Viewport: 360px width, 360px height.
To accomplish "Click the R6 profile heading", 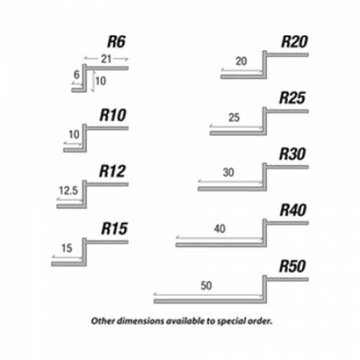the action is [x=117, y=42].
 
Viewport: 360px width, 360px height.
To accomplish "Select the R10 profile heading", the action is [x=113, y=115].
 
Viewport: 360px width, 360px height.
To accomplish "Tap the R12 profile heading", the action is [x=112, y=171].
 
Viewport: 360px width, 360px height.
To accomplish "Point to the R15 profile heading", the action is [x=114, y=228].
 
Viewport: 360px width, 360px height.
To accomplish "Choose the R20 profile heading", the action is [x=294, y=42].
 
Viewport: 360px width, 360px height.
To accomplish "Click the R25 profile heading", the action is [x=292, y=98].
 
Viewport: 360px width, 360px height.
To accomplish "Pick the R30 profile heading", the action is [x=292, y=154].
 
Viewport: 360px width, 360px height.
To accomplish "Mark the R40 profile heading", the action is [x=293, y=210].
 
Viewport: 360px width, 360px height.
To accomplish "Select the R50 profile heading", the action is [x=292, y=266].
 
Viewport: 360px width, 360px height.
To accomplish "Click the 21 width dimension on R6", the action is [x=107, y=59].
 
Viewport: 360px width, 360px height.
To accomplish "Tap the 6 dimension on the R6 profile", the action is [x=76, y=74].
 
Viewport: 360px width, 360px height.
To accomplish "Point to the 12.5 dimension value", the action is [x=68, y=191].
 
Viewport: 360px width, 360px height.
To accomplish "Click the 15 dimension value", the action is [x=67, y=248].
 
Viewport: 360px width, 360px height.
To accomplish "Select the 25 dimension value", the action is [x=234, y=117].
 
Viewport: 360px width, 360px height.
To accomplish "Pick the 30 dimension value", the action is [x=228, y=172].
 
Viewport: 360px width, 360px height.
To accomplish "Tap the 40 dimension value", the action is [x=220, y=229].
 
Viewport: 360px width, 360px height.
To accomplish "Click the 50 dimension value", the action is [x=206, y=286].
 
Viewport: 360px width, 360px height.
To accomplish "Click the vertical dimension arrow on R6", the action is [x=93, y=81].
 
